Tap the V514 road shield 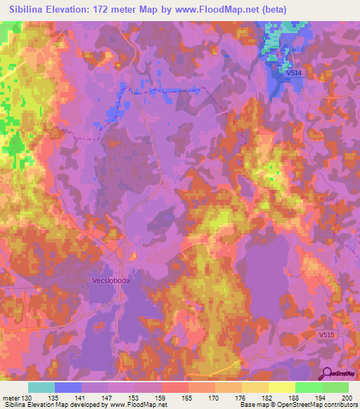click(x=293, y=72)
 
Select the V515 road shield click(x=326, y=335)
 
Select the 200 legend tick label click(x=345, y=397)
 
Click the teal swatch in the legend click(x=41, y=387)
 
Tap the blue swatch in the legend click(x=67, y=387)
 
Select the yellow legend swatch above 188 click(x=281, y=387)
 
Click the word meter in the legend click(x=10, y=397)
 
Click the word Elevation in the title click(x=71, y=10)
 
